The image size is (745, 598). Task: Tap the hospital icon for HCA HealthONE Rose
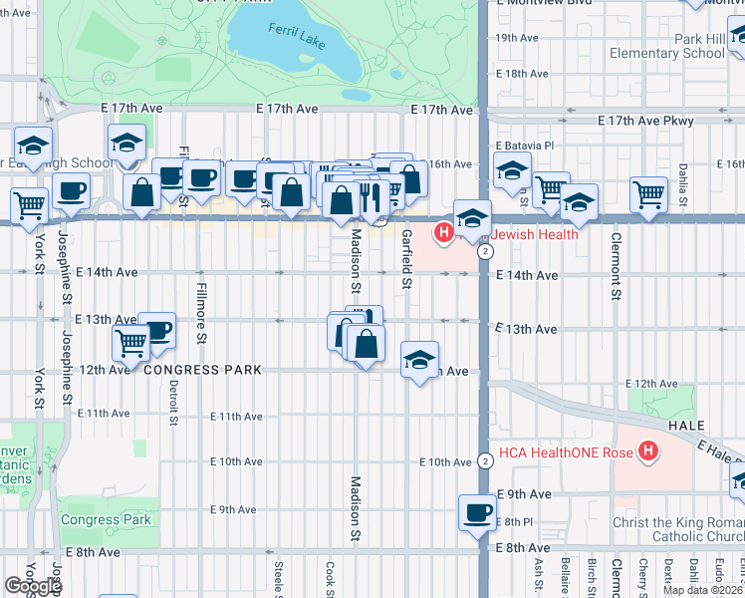click(649, 452)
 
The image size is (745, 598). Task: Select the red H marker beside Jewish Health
click(444, 233)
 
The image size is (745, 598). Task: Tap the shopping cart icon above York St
click(30, 205)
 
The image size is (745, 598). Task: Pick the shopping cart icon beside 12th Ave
click(131, 344)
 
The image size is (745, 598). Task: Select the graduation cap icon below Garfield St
click(419, 359)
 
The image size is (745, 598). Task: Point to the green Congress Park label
click(106, 519)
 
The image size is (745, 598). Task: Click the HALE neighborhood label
click(687, 425)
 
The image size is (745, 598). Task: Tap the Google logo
click(33, 586)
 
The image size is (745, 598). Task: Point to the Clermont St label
click(617, 267)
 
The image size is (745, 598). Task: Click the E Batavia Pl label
click(523, 146)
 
